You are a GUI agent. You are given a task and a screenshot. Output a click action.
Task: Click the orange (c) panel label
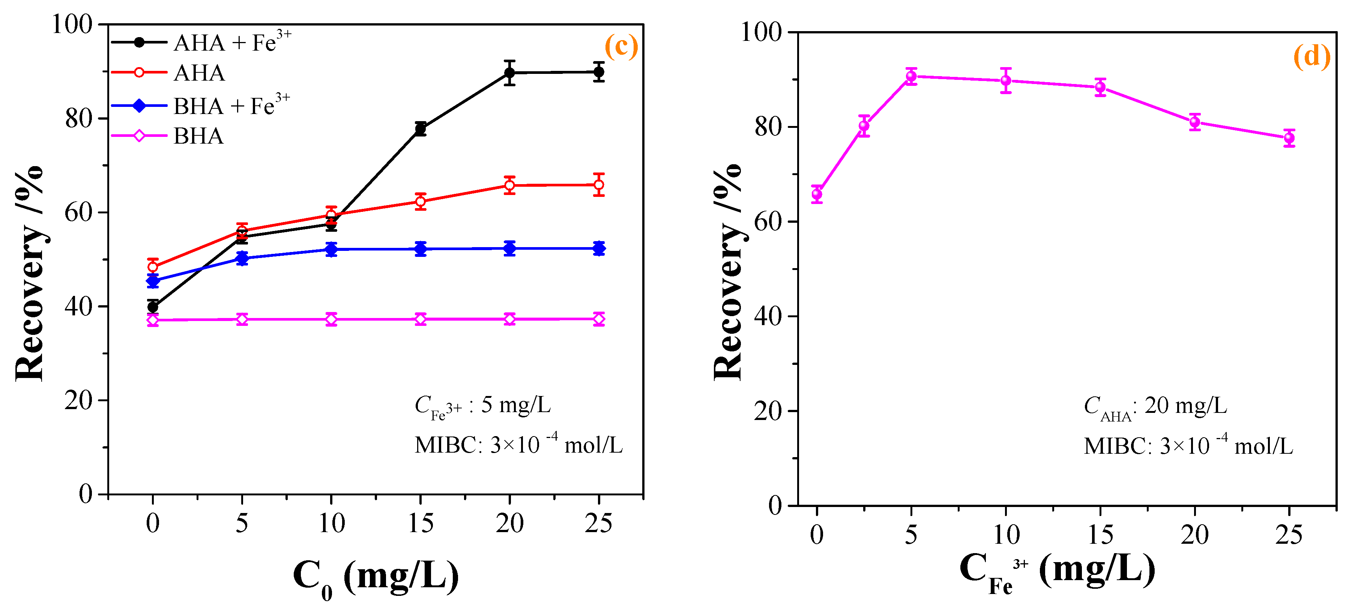pos(621,46)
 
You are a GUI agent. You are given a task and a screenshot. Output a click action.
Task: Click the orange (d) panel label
pos(1311,55)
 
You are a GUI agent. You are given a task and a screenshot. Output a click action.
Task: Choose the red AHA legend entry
pos(199,73)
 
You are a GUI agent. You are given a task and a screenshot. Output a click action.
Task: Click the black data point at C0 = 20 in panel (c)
pos(509,73)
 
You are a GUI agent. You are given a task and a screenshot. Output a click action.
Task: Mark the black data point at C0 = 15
pos(421,129)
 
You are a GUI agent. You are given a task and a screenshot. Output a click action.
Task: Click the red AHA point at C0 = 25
pos(599,185)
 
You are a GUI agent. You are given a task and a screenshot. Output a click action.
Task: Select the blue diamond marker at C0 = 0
pos(153,280)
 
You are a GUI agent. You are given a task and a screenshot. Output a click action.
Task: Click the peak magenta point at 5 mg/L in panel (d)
pos(911,76)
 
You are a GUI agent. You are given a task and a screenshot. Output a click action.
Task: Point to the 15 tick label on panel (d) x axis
pos(1100,535)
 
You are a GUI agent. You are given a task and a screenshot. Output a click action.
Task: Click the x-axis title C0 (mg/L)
pos(375,577)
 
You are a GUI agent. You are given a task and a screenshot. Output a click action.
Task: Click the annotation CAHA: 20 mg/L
pos(1155,406)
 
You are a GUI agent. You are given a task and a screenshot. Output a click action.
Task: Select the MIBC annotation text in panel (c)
pos(518,445)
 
